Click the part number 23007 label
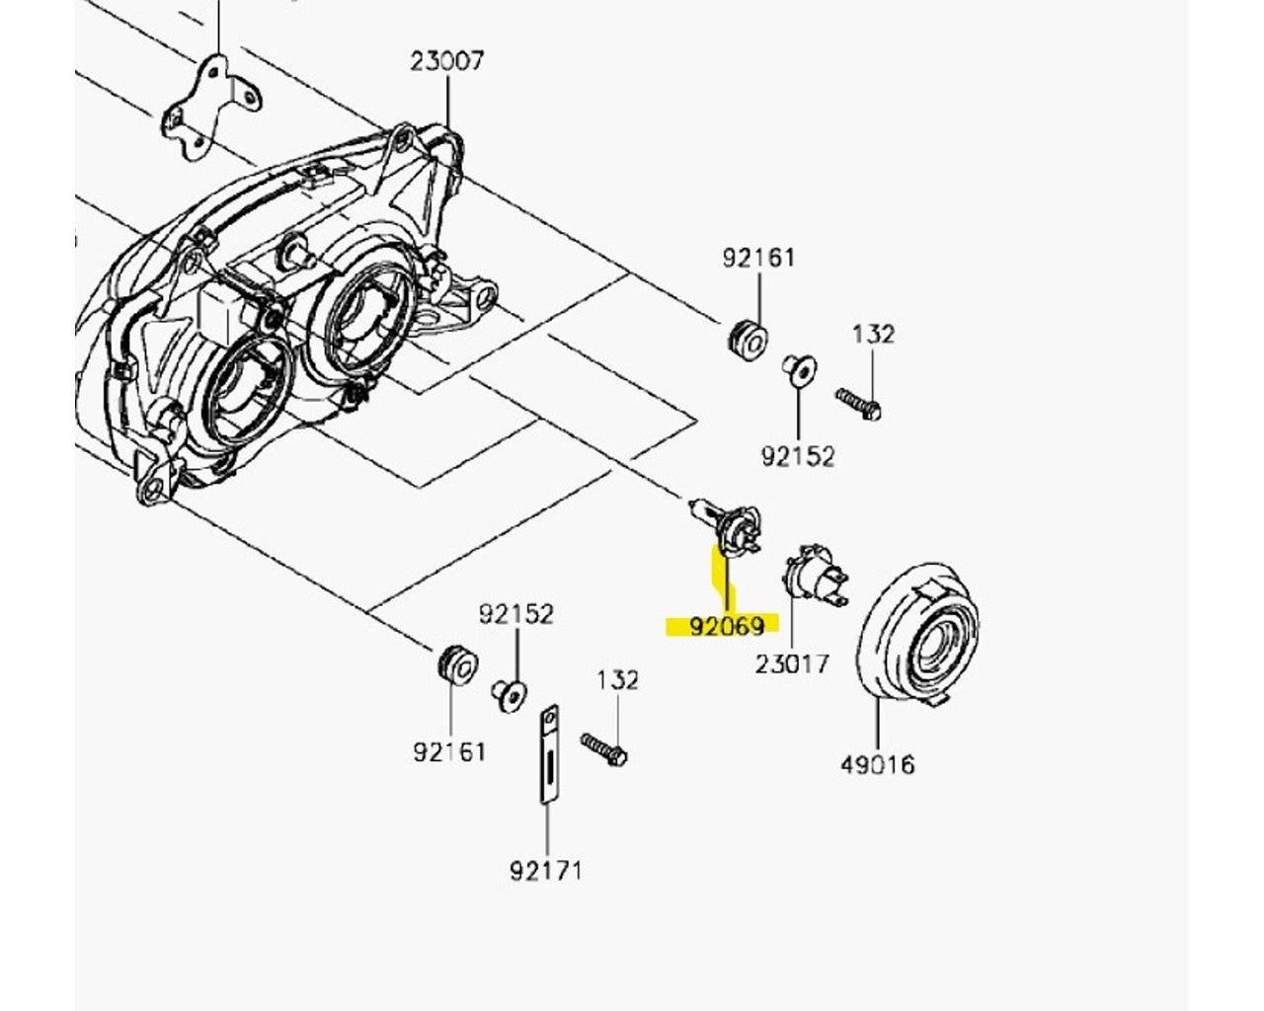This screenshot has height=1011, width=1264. (447, 61)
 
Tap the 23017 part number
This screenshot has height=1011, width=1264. (792, 663)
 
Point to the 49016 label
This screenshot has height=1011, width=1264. (877, 764)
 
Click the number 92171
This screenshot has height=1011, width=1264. (546, 870)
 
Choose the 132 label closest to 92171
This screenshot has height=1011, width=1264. (617, 680)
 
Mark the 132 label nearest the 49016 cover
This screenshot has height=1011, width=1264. (873, 335)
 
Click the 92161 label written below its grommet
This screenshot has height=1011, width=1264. (449, 751)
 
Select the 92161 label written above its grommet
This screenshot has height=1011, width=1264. (758, 258)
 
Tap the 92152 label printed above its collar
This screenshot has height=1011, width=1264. (516, 614)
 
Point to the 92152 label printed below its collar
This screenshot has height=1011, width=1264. (797, 456)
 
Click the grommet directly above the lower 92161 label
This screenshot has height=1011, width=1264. (456, 662)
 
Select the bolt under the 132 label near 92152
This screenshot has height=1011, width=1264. (858, 404)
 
